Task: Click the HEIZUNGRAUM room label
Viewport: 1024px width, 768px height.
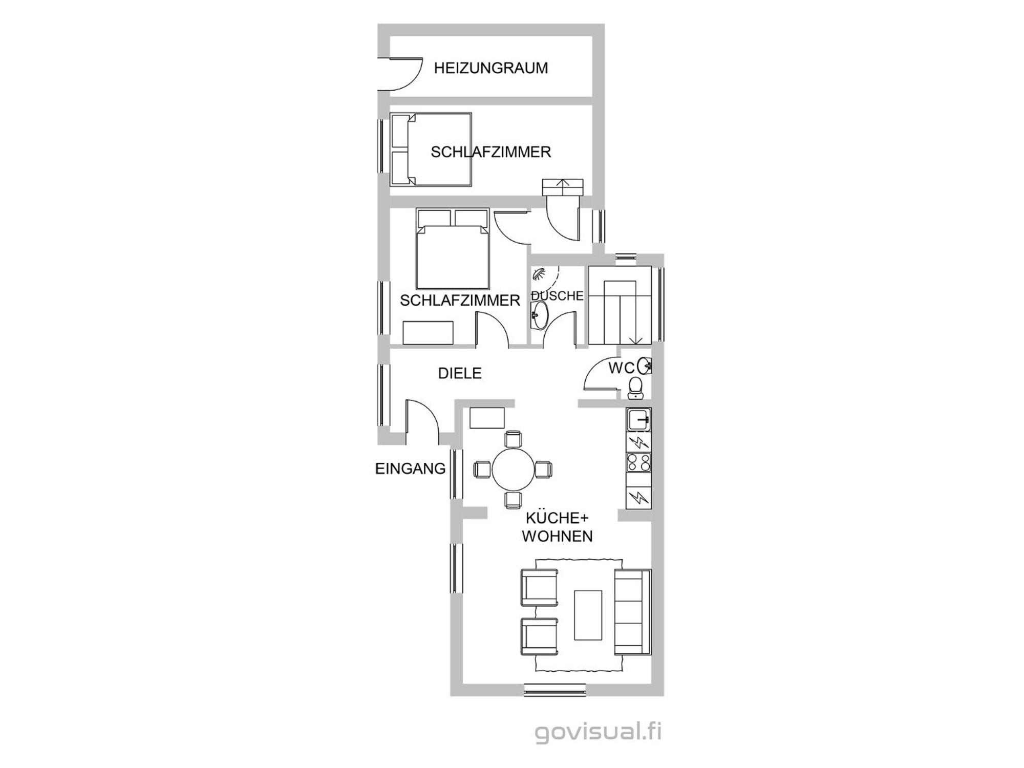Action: click(x=490, y=68)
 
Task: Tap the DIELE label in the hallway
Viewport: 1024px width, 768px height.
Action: click(x=460, y=373)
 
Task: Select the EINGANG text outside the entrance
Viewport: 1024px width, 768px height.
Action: click(x=410, y=468)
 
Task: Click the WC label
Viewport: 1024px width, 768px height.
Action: click(x=622, y=368)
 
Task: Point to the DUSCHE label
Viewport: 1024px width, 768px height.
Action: click(x=558, y=295)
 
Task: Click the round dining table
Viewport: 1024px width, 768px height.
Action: click(x=513, y=469)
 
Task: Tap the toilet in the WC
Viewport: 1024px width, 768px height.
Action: click(x=635, y=388)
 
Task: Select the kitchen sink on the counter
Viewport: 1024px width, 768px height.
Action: click(x=638, y=420)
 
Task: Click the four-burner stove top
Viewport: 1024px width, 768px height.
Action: click(x=638, y=462)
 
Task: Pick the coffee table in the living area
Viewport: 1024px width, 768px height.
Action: click(x=588, y=615)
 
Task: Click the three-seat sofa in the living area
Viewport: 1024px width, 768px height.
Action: click(x=633, y=612)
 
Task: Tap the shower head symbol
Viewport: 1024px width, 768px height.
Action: click(x=539, y=274)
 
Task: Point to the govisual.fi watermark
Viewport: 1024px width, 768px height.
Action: click(x=598, y=732)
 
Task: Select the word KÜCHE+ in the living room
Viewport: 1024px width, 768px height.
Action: click(x=557, y=518)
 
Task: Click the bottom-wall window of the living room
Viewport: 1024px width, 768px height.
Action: click(x=554, y=690)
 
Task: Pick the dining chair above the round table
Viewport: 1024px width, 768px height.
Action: click(x=513, y=439)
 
